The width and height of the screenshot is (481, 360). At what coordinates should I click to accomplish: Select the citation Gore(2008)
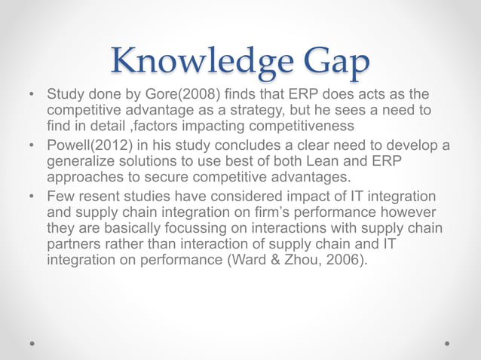pyautogui.click(x=158, y=96)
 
